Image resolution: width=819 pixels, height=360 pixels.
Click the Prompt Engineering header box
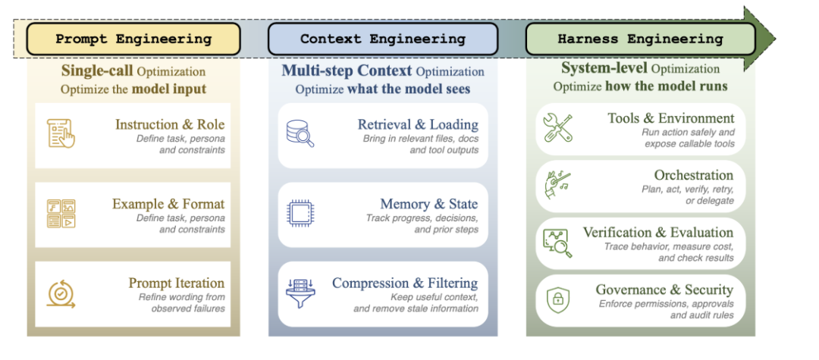133,39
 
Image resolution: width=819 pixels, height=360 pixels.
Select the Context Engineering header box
382,39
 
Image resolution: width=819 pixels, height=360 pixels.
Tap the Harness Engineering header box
640,39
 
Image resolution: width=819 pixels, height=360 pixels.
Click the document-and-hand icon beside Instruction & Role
61,133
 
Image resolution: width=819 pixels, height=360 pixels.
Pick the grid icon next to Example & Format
61,214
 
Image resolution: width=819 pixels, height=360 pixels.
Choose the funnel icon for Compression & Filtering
300,293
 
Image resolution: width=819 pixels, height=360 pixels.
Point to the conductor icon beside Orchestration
557,184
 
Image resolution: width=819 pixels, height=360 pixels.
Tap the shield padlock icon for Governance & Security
557,299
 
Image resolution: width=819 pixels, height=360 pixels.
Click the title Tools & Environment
671,118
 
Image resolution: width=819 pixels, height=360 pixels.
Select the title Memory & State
428,204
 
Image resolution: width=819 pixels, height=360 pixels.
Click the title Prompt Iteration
177,283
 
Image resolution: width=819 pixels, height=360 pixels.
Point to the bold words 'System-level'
604,68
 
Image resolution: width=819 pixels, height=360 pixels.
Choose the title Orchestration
694,175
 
